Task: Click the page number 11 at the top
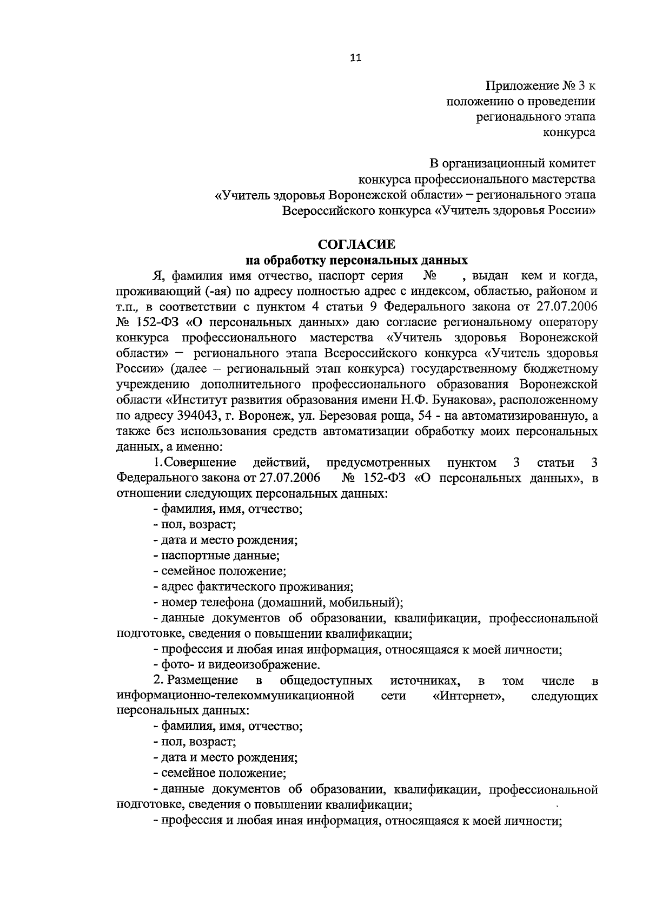355,58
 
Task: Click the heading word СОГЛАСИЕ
356,245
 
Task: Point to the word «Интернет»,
469,696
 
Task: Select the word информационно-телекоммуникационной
235,696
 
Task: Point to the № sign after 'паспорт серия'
431,276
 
